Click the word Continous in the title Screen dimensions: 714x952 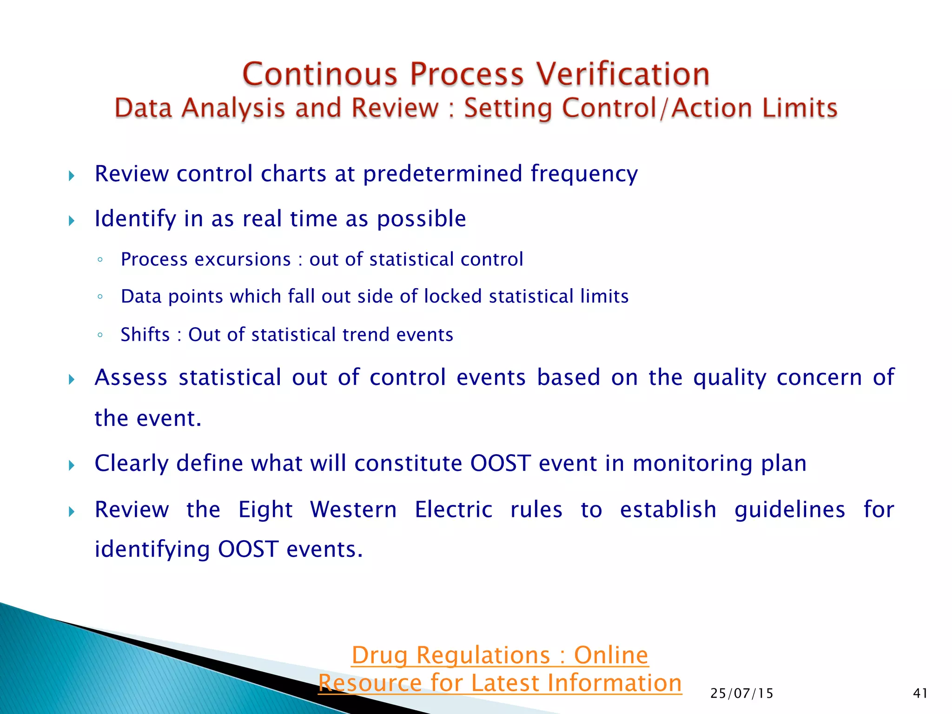point(320,74)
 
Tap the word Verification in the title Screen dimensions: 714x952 point(623,74)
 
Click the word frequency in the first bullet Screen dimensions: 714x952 point(584,174)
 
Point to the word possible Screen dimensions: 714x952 point(421,219)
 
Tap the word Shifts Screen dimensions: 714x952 point(145,335)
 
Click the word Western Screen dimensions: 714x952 point(353,509)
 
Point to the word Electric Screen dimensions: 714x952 point(453,509)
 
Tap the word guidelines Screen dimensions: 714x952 point(789,509)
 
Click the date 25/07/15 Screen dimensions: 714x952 point(741,694)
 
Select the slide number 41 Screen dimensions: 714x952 point(920,694)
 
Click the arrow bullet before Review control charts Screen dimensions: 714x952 point(72,176)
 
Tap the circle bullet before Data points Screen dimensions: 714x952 point(100,297)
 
